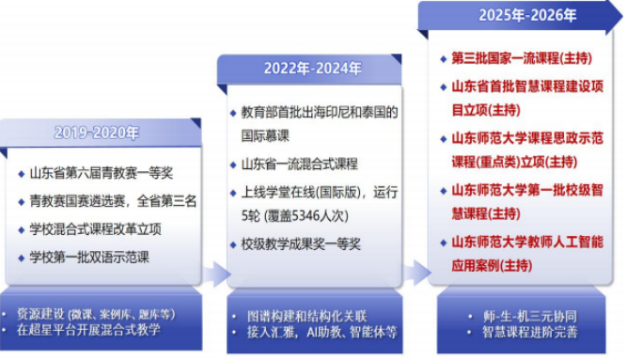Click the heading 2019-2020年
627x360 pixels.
click(97, 133)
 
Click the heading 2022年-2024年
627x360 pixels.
click(313, 68)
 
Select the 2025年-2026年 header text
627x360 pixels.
click(527, 15)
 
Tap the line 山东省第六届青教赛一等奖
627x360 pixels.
click(102, 173)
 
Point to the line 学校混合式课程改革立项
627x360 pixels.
click(95, 229)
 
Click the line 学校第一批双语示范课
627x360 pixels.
click(89, 258)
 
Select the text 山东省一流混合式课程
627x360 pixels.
click(300, 164)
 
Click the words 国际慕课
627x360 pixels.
click(265, 136)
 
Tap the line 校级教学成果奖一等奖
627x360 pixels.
click(301, 244)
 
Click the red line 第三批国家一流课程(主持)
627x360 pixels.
click(522, 58)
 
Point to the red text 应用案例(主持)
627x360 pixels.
click(492, 266)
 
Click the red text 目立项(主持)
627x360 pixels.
click(486, 110)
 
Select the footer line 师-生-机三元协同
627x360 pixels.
click(530, 316)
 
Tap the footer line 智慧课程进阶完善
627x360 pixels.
click(530, 332)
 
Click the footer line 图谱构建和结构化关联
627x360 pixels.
click(306, 316)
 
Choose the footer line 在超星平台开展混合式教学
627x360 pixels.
click(88, 330)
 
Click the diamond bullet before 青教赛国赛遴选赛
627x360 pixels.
click(22, 201)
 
